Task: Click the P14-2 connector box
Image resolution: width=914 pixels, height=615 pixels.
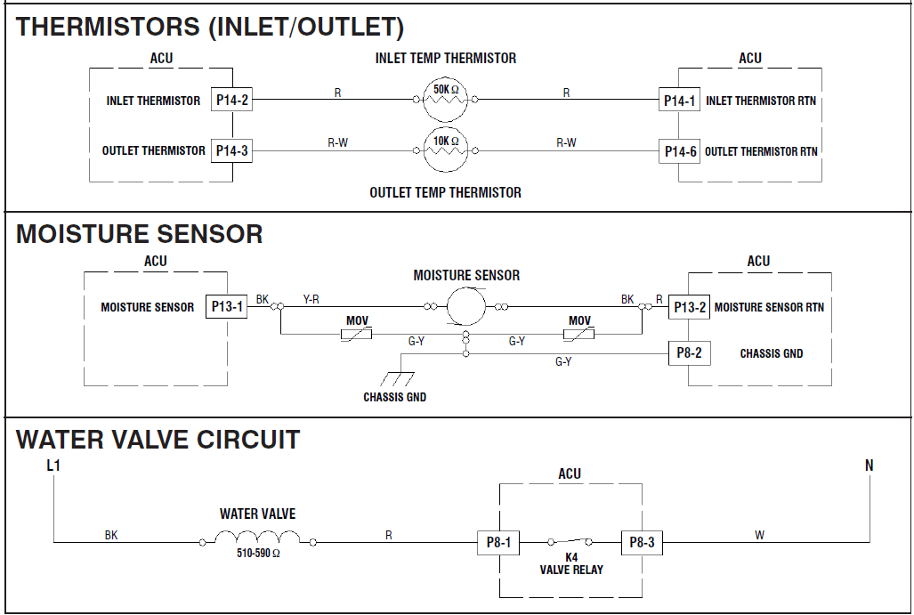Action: tap(231, 101)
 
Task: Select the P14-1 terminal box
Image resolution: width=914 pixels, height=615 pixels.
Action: tap(680, 101)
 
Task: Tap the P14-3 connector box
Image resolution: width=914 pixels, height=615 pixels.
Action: tap(231, 150)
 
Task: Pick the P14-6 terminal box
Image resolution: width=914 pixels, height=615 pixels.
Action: tap(680, 151)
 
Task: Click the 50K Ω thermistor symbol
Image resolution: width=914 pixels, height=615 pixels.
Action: tap(446, 101)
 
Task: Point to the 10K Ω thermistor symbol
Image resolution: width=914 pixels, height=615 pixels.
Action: tap(446, 151)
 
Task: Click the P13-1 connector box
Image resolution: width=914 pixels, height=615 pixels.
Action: tap(227, 307)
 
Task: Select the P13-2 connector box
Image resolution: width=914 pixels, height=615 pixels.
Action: tap(690, 307)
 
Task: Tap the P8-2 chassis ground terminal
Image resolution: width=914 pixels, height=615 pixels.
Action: tap(690, 353)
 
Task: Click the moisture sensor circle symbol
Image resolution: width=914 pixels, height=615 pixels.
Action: tap(465, 307)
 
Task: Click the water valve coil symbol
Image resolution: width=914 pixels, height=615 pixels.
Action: tap(258, 538)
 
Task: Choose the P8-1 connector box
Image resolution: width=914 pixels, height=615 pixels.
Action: tap(498, 542)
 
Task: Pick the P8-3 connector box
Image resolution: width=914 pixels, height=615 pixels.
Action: tap(642, 542)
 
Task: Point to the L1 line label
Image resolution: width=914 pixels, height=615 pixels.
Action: tap(54, 465)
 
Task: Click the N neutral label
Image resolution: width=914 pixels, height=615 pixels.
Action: tap(869, 465)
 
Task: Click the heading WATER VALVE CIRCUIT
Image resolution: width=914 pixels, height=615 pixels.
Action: tap(158, 440)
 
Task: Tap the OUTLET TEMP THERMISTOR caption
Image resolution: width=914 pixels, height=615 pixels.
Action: tap(446, 192)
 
